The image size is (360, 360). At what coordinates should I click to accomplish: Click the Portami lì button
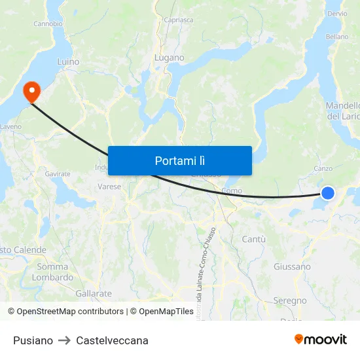(180, 160)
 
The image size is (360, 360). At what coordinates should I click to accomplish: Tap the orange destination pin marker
(31, 92)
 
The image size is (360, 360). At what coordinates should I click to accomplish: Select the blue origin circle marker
(328, 192)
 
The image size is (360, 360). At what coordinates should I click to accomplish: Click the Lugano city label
(170, 58)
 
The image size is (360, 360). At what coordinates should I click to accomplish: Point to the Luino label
(68, 62)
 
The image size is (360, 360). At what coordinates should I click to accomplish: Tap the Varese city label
(110, 187)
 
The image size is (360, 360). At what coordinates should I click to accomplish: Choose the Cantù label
(254, 240)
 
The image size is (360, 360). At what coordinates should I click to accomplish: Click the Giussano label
(292, 266)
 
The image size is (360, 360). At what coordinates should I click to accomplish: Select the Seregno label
(290, 300)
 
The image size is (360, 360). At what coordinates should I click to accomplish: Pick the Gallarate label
(94, 293)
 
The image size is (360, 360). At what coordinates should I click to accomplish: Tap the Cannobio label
(47, 24)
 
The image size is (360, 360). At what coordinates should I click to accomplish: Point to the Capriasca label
(178, 20)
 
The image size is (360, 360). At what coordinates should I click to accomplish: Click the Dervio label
(337, 14)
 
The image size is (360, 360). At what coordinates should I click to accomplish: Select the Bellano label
(337, 37)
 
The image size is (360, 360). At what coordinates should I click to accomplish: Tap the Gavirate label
(58, 173)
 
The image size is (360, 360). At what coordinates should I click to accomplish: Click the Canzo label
(323, 168)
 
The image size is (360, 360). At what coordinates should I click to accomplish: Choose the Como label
(232, 190)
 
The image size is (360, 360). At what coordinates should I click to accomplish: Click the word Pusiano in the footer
(33, 340)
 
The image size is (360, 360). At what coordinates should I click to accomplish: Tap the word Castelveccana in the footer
(112, 340)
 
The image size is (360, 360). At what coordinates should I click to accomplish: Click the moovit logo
(321, 339)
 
